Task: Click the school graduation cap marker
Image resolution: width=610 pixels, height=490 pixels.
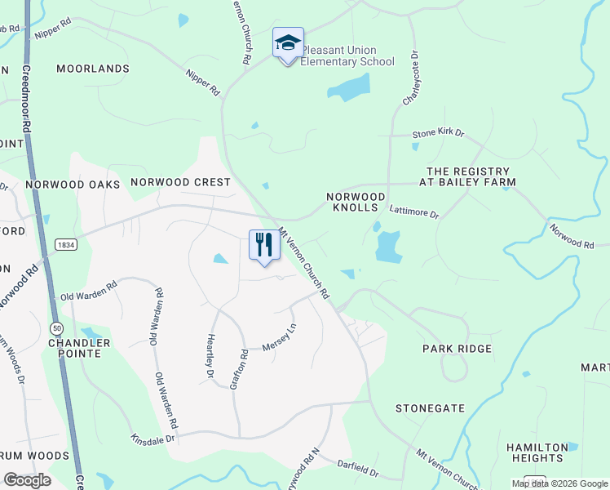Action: pos(288,43)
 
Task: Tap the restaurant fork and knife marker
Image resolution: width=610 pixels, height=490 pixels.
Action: pos(264,245)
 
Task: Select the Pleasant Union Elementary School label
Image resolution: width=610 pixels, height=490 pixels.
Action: pos(348,56)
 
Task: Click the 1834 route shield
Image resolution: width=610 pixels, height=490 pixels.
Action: pos(67,244)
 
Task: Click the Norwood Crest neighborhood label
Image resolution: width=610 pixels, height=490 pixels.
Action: pos(180,182)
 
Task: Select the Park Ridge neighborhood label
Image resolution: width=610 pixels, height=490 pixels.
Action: pos(457,349)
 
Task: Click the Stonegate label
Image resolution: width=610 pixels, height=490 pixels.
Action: pos(430,408)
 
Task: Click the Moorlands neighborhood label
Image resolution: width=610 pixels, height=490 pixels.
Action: pos(93,69)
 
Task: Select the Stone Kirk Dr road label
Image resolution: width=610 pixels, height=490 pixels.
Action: pos(437,132)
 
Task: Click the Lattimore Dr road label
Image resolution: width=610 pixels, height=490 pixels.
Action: pos(413,213)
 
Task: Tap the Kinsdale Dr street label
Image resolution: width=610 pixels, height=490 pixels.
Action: pos(152,439)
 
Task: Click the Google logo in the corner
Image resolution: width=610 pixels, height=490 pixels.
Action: pos(27,480)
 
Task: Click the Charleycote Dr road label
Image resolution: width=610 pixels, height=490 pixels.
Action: pos(409,78)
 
